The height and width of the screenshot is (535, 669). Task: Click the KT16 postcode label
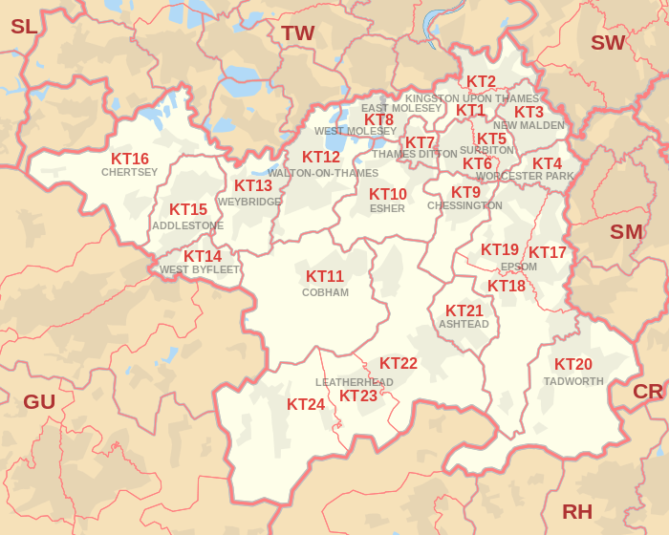(130, 159)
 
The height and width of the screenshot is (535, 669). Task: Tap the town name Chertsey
(130, 173)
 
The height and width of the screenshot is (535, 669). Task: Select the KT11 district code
(325, 276)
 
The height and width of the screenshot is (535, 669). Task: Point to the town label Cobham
(325, 292)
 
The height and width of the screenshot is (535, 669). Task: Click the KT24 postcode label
(306, 404)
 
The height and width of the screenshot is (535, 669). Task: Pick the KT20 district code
(573, 364)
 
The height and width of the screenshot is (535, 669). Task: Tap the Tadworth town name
(573, 381)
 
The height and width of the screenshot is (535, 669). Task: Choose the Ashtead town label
(464, 325)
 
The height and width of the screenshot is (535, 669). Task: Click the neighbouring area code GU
(39, 401)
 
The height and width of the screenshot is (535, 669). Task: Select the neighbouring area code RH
(577, 511)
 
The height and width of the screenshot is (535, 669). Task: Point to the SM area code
(627, 231)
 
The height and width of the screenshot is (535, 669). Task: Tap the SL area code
(24, 27)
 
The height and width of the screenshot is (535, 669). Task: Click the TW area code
(298, 33)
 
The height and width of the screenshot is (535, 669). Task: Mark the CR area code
(648, 392)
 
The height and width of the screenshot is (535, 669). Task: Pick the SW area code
(608, 42)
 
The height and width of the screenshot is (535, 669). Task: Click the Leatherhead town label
(355, 382)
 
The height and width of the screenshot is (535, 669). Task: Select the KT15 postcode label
(188, 209)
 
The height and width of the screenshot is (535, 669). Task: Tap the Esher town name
(387, 208)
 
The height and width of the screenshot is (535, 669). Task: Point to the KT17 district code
(548, 252)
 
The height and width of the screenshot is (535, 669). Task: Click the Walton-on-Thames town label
(323, 173)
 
